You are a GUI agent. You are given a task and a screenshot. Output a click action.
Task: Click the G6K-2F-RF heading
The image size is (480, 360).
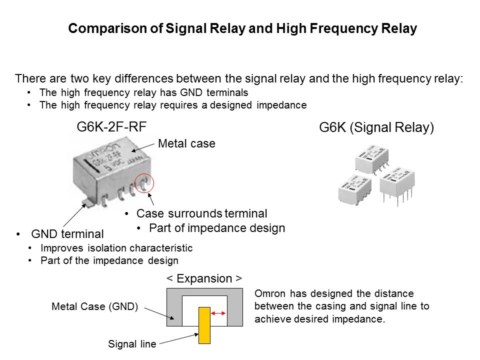[111, 127]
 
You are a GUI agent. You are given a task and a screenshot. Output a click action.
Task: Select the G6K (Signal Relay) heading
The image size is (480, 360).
[376, 128]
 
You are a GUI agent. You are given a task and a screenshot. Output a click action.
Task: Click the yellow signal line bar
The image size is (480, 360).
[204, 325]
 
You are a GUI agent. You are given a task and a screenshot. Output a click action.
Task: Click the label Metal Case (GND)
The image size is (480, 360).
[95, 306]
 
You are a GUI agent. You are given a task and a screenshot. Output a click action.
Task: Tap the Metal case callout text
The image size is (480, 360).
[186, 144]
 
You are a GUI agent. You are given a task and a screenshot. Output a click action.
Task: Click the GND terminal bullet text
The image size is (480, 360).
[67, 233]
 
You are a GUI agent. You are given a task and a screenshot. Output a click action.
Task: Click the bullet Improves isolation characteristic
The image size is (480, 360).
[116, 248]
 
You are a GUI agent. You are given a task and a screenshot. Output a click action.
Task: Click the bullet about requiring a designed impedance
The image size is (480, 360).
[172, 105]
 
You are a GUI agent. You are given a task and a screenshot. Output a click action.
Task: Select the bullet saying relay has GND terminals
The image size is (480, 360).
[143, 93]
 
